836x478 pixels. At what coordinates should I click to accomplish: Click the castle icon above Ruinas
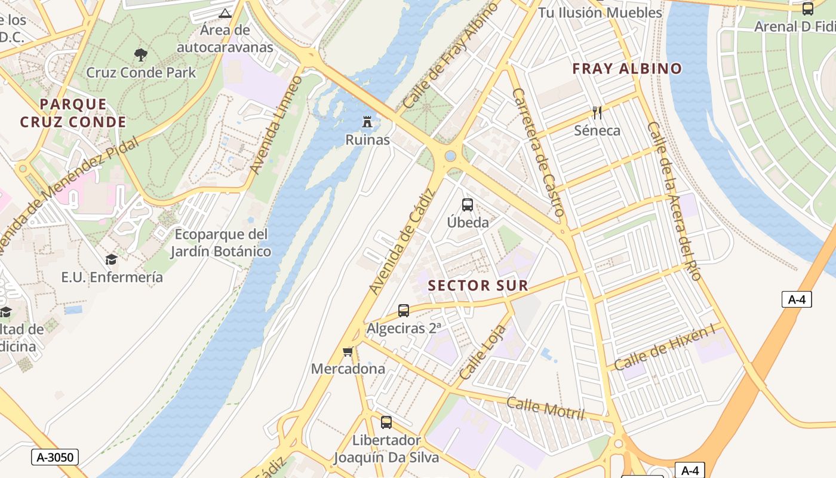[367, 122]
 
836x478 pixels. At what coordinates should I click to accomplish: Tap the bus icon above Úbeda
[468, 205]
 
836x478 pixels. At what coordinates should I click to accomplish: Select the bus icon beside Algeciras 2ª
[404, 311]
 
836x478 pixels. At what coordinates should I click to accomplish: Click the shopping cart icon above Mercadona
[348, 351]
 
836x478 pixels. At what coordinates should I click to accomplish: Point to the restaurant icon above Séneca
[597, 112]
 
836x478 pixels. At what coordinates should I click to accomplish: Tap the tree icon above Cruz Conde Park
[141, 55]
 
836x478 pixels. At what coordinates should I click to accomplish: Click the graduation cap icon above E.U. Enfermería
[112, 259]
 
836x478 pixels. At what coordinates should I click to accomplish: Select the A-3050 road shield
[55, 458]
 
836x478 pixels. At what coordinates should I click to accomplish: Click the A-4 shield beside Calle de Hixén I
[797, 299]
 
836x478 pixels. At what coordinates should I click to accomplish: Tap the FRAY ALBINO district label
[627, 69]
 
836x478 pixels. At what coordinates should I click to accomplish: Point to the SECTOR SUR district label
[478, 286]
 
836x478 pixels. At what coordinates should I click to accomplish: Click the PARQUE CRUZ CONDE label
[73, 114]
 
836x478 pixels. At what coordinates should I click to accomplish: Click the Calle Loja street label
[483, 354]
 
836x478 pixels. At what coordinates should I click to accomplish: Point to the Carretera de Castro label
[538, 152]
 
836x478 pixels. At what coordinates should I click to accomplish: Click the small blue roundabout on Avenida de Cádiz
[450, 156]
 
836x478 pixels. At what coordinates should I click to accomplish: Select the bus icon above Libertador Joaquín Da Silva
[386, 422]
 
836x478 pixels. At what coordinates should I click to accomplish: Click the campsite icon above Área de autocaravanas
[225, 13]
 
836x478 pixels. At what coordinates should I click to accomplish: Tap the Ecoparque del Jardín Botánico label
[221, 243]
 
